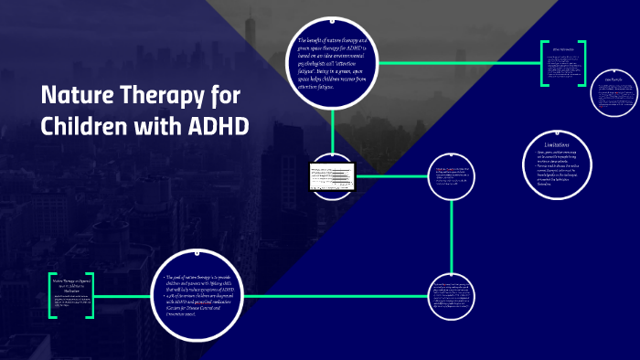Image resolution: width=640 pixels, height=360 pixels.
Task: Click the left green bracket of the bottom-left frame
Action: pyautogui.click(x=52, y=294)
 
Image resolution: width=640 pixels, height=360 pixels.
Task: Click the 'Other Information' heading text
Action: pyautogui.click(x=562, y=48)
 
